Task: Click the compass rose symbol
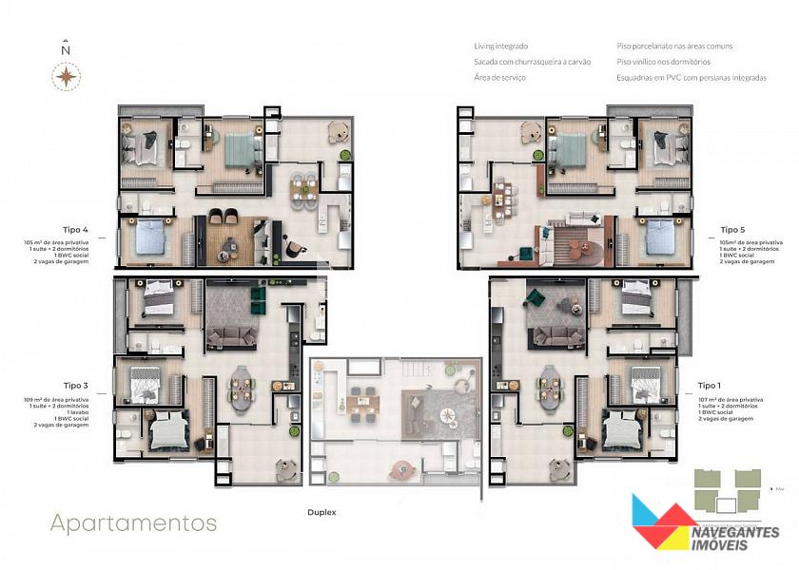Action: pyautogui.click(x=66, y=76)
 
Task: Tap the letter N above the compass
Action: pyautogui.click(x=66, y=49)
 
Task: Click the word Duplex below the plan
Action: pyautogui.click(x=322, y=512)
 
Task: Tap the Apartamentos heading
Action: pyautogui.click(x=133, y=522)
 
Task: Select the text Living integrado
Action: pyautogui.click(x=500, y=46)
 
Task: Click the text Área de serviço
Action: pyautogui.click(x=499, y=78)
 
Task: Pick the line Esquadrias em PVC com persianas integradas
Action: pyautogui.click(x=691, y=78)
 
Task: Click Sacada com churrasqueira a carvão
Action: pyautogui.click(x=532, y=62)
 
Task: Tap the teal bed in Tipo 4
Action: pyautogui.click(x=242, y=147)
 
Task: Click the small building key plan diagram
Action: pyautogui.click(x=727, y=490)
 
